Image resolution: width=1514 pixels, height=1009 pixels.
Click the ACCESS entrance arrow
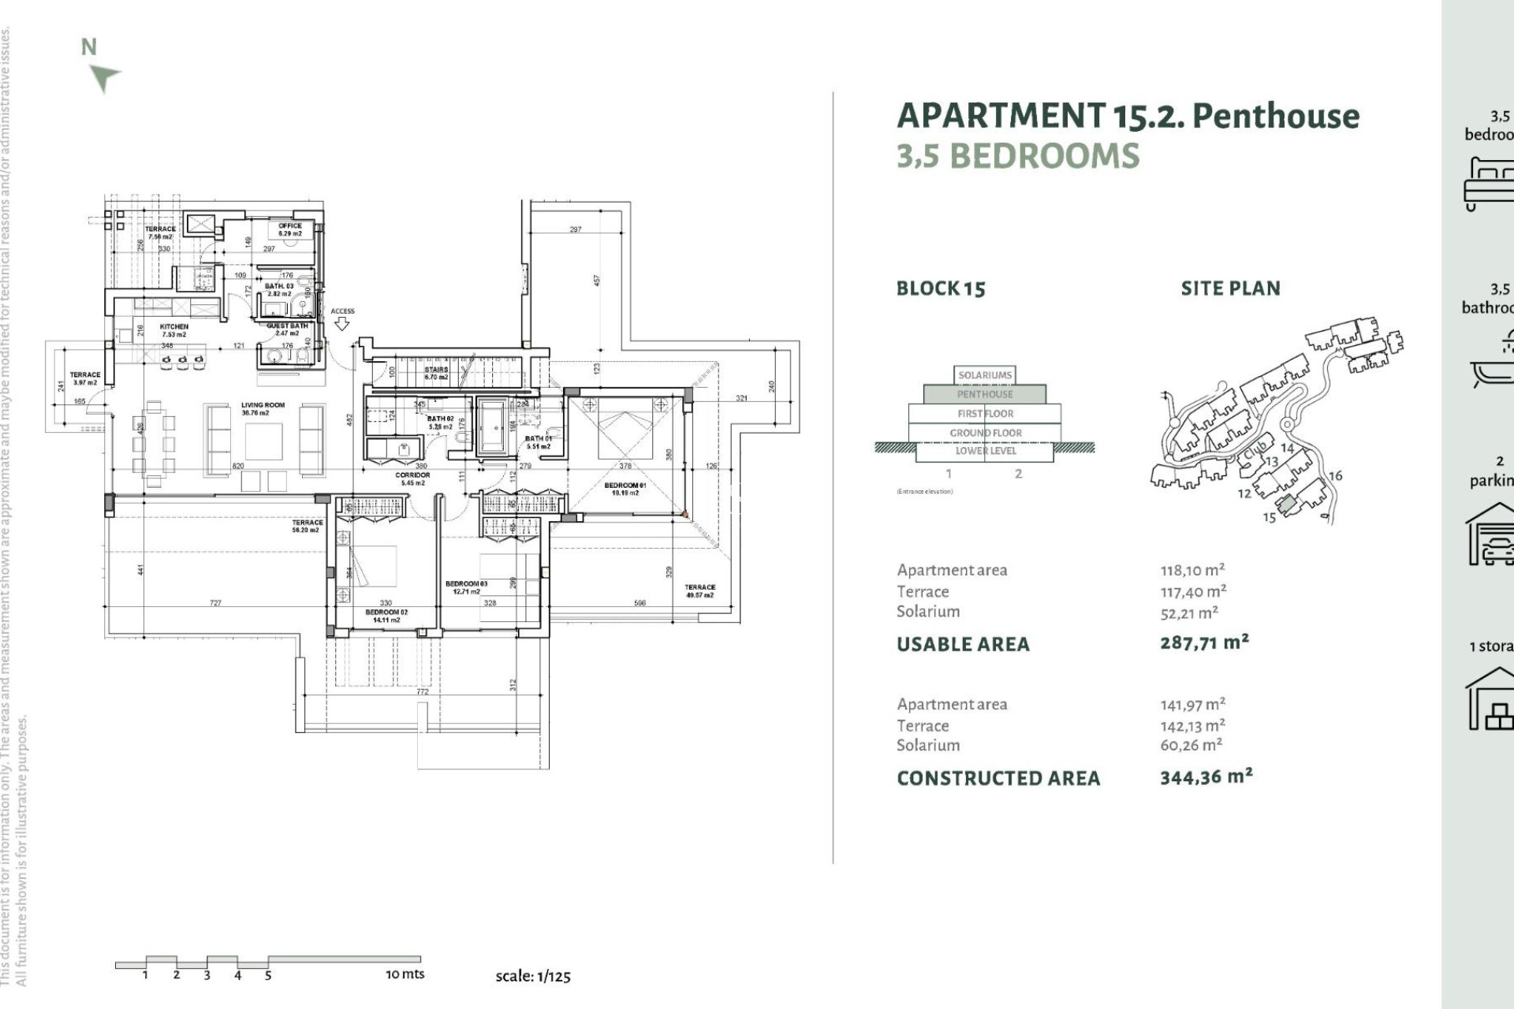pos(342,322)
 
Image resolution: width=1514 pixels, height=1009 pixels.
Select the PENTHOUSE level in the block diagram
pos(985,394)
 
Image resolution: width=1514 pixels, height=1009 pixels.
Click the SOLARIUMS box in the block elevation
pos(985,375)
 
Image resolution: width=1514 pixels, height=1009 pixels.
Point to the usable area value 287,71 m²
pos(1204,642)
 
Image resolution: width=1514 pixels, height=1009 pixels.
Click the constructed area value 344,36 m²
pos(1206,777)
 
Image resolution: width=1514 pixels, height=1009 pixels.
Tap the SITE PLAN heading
pos(1230,289)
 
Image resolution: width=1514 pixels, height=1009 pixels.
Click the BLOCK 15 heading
pos(941,289)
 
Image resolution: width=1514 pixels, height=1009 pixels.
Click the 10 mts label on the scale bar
pos(405,974)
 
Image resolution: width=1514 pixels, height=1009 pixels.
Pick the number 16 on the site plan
pos(1335,476)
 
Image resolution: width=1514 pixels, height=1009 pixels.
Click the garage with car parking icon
pos(1490,536)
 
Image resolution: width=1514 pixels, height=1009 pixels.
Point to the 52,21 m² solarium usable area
pos(1189,612)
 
